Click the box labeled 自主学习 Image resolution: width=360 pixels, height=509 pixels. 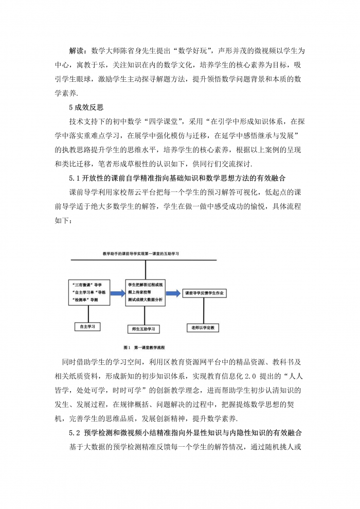tap(87, 326)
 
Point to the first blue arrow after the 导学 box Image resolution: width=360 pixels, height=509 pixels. tap(117, 293)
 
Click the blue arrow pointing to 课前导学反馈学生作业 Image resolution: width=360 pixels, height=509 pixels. tap(173, 292)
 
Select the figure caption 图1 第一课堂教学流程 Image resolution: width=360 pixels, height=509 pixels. tap(143, 347)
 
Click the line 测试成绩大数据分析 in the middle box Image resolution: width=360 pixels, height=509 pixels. tap(145, 299)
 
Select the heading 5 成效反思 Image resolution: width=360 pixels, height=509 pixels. tap(86, 108)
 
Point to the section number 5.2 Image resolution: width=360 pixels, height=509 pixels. tap(76, 433)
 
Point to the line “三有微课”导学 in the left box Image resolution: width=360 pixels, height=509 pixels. tap(86, 285)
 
